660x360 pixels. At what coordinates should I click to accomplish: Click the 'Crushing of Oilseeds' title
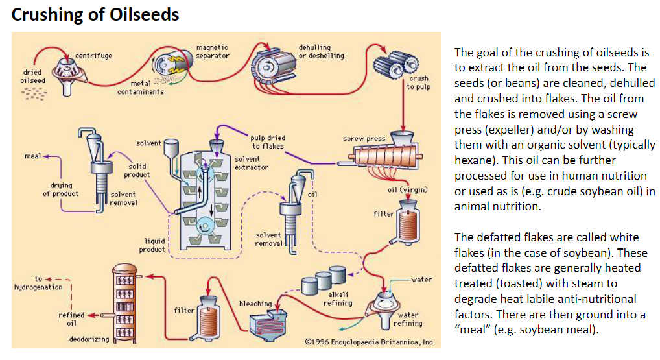(95, 14)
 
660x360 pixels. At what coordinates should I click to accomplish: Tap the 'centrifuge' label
(93, 56)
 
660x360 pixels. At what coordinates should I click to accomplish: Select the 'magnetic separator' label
(213, 51)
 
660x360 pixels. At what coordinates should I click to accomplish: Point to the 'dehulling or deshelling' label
(321, 51)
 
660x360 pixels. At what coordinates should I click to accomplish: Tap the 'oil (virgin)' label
(407, 190)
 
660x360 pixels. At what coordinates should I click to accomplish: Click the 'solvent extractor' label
(252, 163)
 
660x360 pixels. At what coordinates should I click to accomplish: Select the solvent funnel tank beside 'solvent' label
(171, 148)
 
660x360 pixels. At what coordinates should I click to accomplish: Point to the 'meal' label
(32, 156)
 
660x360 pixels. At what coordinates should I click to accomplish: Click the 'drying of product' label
(60, 189)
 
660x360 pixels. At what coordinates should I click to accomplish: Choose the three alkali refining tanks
(324, 279)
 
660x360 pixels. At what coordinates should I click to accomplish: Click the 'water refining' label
(408, 319)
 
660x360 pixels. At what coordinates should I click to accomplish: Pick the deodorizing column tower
(124, 302)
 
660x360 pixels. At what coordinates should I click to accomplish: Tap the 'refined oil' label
(71, 319)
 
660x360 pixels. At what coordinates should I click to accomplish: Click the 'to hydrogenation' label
(38, 283)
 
